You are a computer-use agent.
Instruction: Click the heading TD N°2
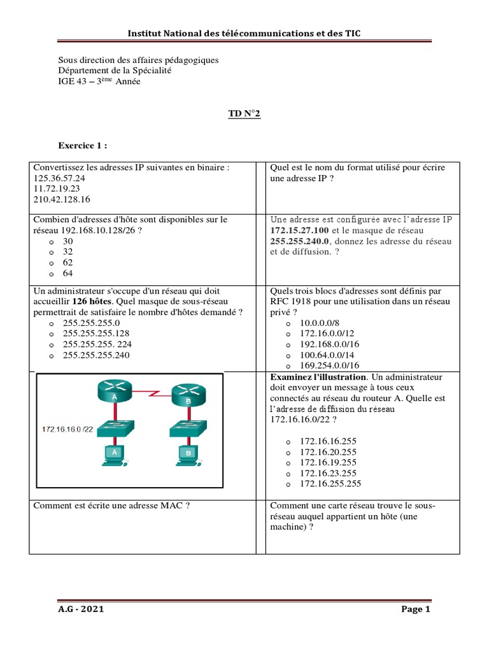pos(244,114)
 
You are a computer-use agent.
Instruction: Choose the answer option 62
pos(68,262)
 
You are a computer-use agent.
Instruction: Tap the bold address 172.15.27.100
pos(299,230)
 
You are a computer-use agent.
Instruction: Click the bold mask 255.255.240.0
pos(299,241)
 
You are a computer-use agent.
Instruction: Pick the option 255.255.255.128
pos(96,333)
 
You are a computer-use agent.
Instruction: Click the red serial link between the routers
pos(153,395)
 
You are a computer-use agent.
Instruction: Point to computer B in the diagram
pos(188,453)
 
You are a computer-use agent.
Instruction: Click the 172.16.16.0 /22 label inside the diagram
pos(68,429)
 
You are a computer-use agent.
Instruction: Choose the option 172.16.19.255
pos(328,462)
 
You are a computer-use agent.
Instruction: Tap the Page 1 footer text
pos(416,609)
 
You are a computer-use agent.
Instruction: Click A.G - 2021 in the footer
pos(81,609)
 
